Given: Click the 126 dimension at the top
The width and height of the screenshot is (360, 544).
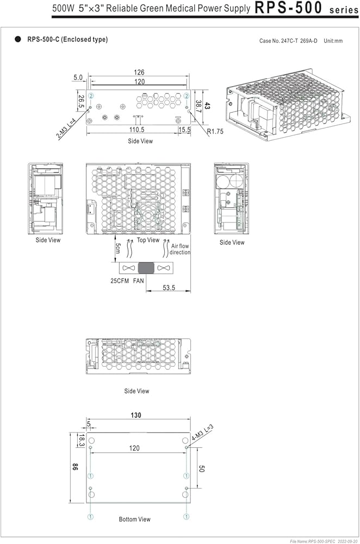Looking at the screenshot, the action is click(139, 72).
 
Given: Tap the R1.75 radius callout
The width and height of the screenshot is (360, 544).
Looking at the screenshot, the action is click(215, 132).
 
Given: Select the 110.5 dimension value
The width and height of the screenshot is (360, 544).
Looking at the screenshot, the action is click(136, 130).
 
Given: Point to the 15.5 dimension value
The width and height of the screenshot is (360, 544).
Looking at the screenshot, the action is click(184, 130).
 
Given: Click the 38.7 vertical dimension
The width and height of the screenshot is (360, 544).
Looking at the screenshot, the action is click(198, 107).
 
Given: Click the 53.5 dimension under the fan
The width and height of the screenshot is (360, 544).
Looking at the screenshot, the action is click(169, 288).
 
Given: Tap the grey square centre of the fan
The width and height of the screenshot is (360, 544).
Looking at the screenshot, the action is click(146, 268).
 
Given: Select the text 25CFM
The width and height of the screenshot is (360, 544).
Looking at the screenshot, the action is click(120, 281).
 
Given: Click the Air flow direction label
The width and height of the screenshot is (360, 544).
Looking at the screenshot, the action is click(180, 249).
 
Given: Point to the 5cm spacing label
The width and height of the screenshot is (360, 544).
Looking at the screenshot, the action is click(118, 248).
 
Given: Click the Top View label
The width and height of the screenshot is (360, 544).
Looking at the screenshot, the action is click(148, 240).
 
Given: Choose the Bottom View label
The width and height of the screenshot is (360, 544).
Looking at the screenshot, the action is click(134, 520).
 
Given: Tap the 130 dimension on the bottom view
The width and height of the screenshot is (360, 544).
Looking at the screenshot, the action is click(136, 415).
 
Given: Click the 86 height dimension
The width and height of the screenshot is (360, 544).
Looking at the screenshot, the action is click(75, 467).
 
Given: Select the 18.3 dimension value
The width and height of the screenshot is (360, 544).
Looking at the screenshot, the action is click(81, 440).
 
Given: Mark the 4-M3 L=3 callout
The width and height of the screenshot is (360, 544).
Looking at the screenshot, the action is click(202, 432).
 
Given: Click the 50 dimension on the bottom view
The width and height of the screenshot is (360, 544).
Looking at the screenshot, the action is click(202, 468).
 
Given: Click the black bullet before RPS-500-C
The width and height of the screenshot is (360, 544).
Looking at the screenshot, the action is click(18, 39).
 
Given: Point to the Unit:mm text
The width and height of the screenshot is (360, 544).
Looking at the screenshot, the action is click(333, 41).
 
